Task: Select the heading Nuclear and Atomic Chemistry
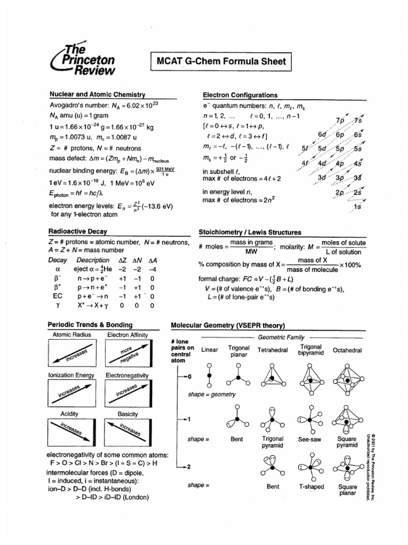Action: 97,94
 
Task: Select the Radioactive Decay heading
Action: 78,232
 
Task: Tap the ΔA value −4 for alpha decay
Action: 152,269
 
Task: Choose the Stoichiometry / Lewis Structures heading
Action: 250,233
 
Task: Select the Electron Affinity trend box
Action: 127,354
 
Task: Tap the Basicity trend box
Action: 127,434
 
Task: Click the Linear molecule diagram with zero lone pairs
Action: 209,377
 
